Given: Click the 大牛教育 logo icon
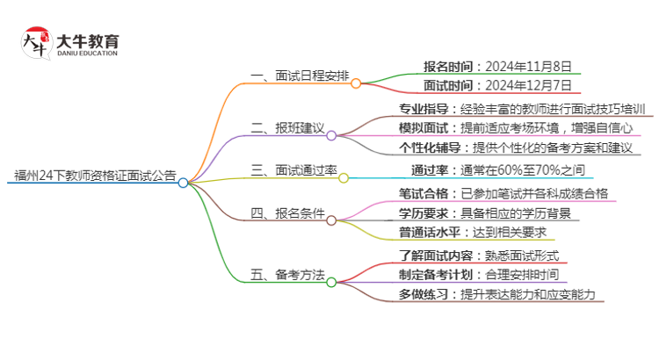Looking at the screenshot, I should (35, 41).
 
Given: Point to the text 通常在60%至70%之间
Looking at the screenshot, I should (534, 169).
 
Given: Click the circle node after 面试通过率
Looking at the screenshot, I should (344, 176).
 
